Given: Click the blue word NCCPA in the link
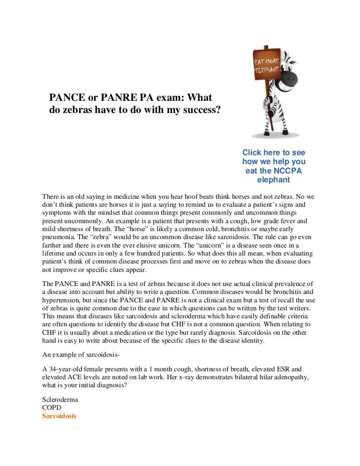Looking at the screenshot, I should point(289,171).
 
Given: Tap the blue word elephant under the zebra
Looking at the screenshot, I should point(274,180).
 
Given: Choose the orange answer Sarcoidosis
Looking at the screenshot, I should point(59,416).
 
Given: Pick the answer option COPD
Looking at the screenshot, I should point(52,408).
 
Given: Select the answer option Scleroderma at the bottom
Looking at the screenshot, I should point(60,400).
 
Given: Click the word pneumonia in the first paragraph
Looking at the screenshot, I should point(59,237).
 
